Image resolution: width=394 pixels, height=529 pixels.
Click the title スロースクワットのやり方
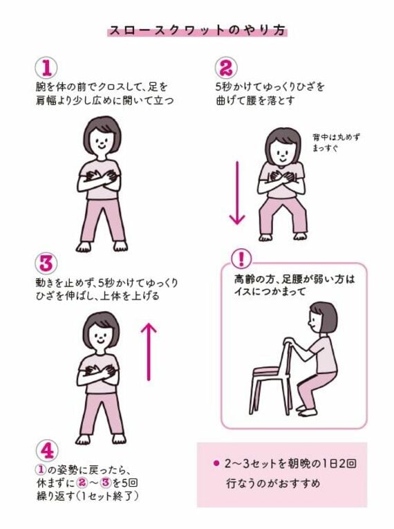[197, 31]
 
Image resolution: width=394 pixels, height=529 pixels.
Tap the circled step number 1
[46, 68]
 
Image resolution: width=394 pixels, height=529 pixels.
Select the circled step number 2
[226, 68]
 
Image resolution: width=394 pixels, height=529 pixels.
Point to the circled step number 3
[46, 263]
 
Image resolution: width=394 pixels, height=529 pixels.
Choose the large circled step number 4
[46, 450]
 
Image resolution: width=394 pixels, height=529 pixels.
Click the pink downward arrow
[237, 194]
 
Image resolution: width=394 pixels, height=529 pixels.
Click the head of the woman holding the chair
[322, 317]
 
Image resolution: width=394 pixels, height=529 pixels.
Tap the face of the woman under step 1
[102, 142]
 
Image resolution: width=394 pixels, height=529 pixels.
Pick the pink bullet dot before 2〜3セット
[215, 462]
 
